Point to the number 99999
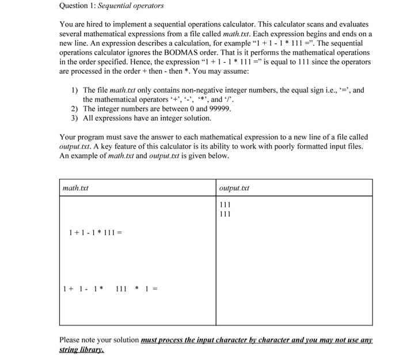(218, 108)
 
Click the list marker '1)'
(75, 90)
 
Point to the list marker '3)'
(75, 118)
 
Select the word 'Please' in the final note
(70, 340)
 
